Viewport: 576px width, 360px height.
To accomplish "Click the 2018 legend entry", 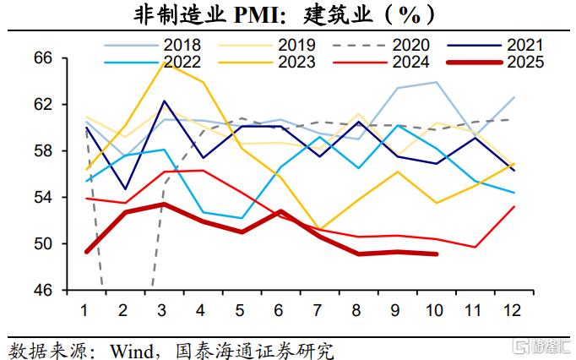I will point(177,45).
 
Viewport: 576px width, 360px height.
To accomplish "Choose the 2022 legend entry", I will point(177,62).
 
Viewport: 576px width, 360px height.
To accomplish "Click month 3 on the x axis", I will point(163,310).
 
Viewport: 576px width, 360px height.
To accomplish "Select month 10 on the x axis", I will point(434,310).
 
